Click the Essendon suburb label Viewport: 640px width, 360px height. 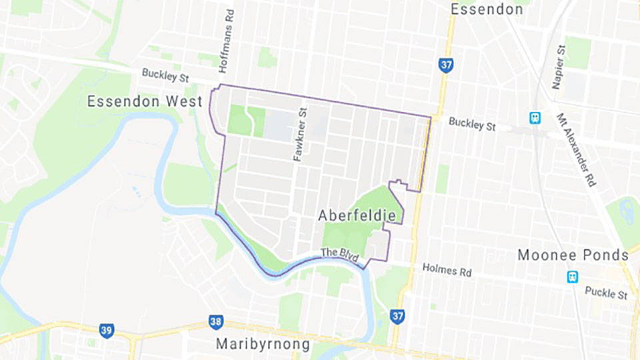coord(487,9)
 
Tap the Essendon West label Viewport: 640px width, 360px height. coord(145,102)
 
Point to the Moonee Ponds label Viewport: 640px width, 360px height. coord(573,255)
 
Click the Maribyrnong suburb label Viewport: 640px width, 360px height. coord(263,345)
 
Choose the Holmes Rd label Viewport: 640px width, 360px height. coord(446,271)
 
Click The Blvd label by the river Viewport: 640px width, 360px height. coord(339,253)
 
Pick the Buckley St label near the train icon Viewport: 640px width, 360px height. coord(472,124)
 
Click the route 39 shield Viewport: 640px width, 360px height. coord(107,331)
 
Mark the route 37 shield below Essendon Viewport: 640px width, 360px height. coord(446,65)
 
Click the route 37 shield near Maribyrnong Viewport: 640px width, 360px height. coord(397,316)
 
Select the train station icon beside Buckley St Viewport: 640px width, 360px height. coord(535,118)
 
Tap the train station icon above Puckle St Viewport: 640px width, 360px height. coord(572,277)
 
